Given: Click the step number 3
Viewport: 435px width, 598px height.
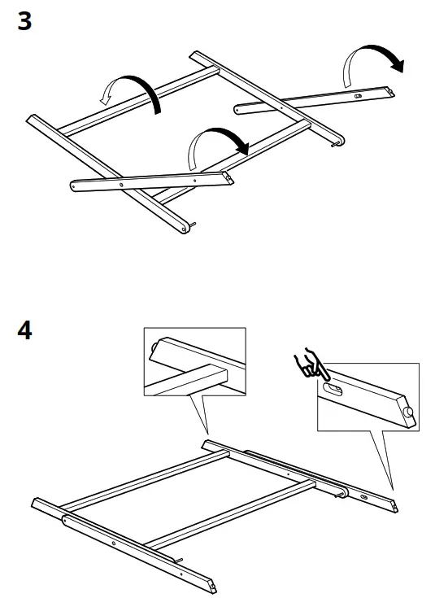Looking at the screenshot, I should click(x=24, y=21).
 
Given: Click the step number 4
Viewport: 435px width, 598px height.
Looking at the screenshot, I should click(x=24, y=332).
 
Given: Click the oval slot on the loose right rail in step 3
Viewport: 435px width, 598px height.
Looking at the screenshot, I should click(x=356, y=94).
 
